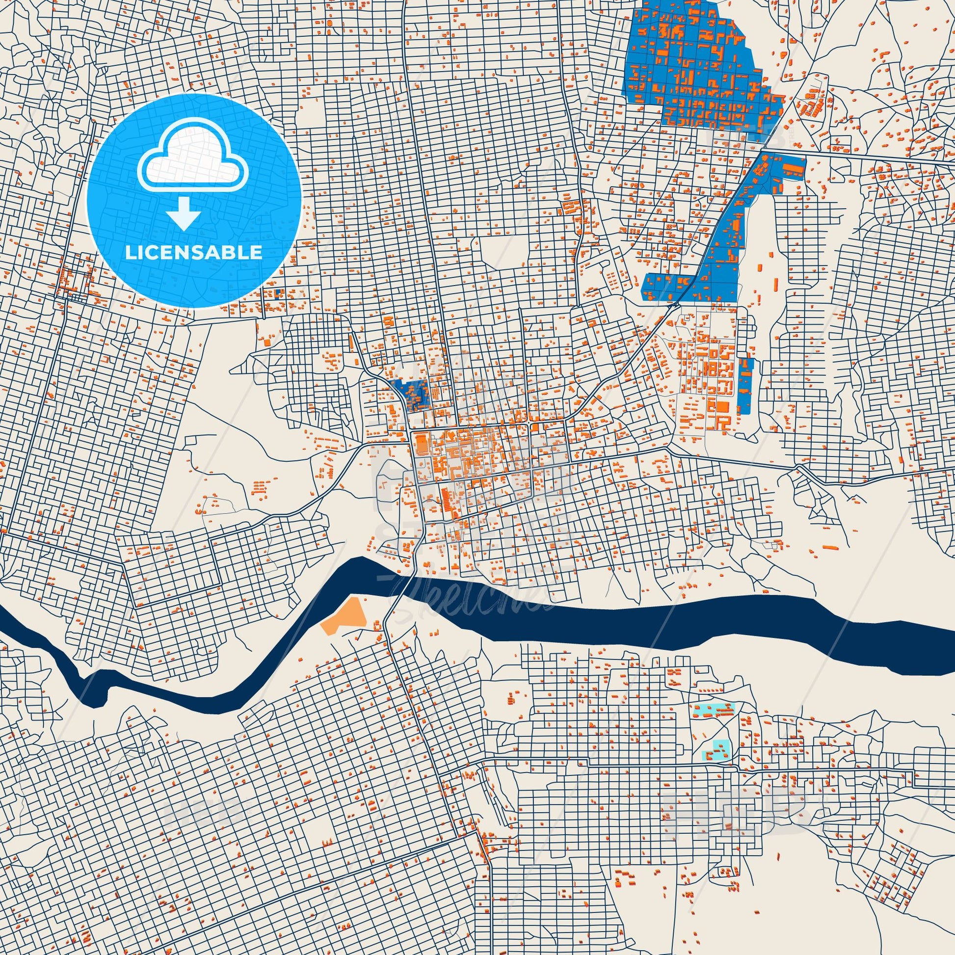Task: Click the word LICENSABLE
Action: [194, 253]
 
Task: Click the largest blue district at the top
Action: [692, 69]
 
